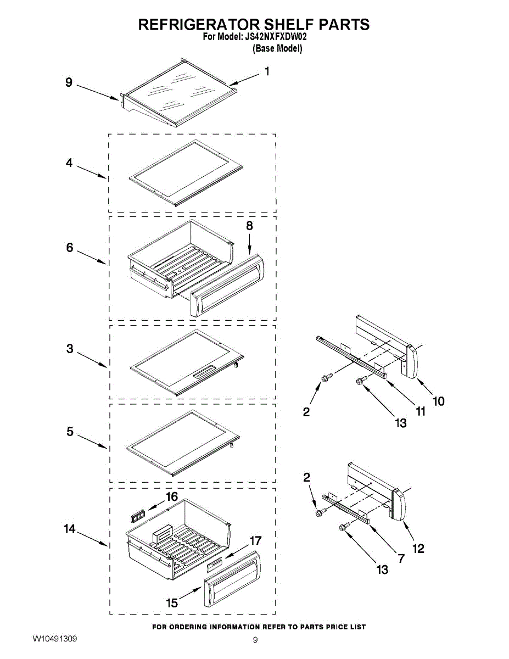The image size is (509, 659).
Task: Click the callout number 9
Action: [x=69, y=82]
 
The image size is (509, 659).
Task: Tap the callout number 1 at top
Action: [x=267, y=71]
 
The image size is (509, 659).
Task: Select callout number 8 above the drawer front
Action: [x=250, y=226]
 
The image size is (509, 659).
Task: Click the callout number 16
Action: [x=172, y=497]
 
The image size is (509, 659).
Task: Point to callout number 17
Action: [x=256, y=541]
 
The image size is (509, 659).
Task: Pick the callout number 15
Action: [x=172, y=603]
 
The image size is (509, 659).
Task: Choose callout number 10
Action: [x=438, y=401]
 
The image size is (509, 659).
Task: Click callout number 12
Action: [x=418, y=548]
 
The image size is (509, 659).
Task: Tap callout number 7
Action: [x=401, y=559]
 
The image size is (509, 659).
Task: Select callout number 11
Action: [x=421, y=411]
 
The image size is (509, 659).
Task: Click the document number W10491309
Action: [x=54, y=639]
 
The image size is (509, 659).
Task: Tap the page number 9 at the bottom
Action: [x=255, y=640]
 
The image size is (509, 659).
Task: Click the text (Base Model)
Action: [x=277, y=48]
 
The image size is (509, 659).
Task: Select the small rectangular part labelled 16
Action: [x=137, y=515]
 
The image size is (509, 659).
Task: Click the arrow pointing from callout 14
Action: [x=92, y=538]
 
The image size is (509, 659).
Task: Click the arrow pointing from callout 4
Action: [x=91, y=171]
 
